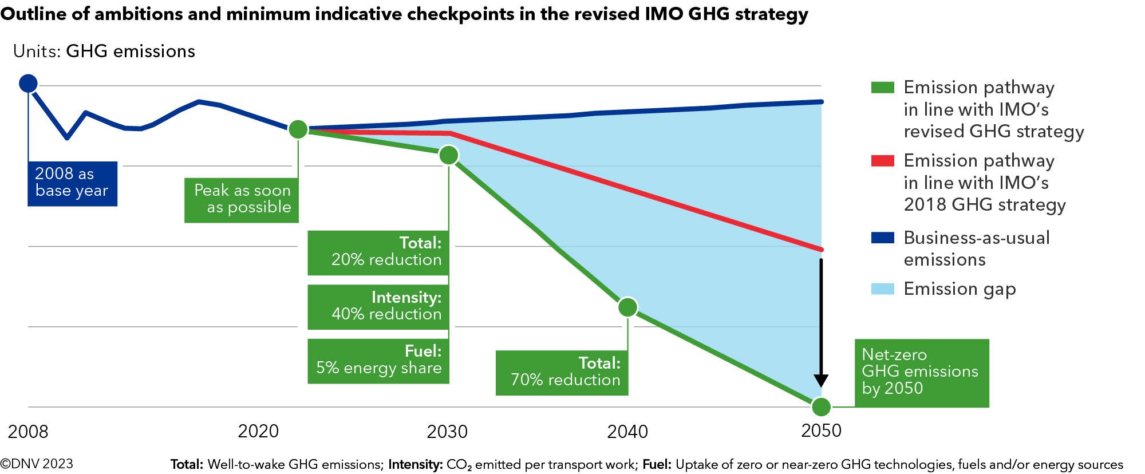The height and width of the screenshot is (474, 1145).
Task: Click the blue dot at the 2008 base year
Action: (x=28, y=83)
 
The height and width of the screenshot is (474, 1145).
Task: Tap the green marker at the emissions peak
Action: (x=298, y=129)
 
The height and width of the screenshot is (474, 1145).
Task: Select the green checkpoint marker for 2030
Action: (x=449, y=155)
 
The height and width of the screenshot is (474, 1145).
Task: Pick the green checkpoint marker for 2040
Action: (x=628, y=307)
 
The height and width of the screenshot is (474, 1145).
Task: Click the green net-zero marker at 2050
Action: (x=821, y=406)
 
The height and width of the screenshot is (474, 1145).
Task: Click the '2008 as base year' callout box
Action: (x=72, y=183)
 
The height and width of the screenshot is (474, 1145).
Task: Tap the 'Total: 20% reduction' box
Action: (x=378, y=252)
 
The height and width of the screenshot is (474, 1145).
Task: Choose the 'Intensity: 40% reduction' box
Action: (x=378, y=307)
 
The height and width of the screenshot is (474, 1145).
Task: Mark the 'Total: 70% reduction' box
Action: (x=562, y=373)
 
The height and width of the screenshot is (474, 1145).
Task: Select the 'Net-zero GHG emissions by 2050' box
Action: (x=921, y=373)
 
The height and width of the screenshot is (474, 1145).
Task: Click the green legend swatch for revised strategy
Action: (x=882, y=88)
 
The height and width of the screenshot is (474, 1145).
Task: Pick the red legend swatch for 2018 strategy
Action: (x=882, y=161)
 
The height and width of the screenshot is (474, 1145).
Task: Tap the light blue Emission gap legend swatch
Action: (x=882, y=289)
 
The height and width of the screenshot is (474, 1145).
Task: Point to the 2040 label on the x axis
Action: (x=627, y=432)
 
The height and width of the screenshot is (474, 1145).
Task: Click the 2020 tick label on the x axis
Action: (x=258, y=432)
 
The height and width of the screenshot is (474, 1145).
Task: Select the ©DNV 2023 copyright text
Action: (x=37, y=464)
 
